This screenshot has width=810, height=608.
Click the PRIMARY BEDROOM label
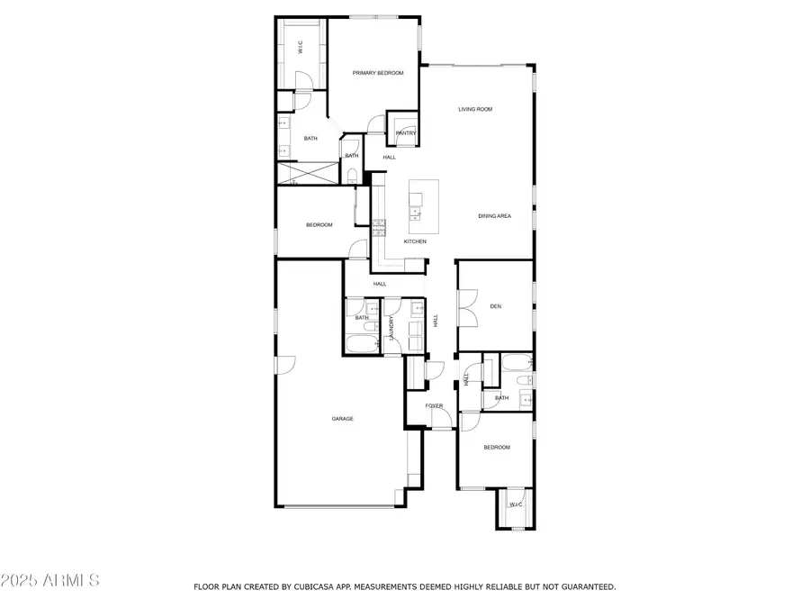coord(377,73)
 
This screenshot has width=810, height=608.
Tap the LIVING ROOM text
coord(475,109)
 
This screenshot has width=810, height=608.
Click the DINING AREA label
coord(494,216)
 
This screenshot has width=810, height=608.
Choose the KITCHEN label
coord(415,241)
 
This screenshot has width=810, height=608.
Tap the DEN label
coord(495,306)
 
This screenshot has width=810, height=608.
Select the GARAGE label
coord(342,419)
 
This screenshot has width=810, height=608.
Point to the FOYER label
coord(435,406)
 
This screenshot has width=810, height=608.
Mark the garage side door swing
coord(285,364)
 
